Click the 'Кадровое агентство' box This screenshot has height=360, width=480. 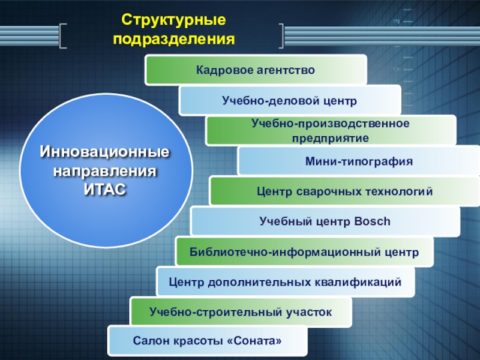(256, 70)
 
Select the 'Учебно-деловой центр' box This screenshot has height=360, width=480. (289, 100)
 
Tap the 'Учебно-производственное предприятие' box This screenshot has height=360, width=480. (331, 131)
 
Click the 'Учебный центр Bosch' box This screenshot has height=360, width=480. (325, 222)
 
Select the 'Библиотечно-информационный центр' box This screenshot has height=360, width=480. (304, 252)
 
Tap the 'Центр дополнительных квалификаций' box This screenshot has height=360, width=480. (285, 281)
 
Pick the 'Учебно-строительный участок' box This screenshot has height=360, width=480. (241, 312)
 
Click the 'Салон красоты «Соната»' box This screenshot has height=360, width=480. (207, 341)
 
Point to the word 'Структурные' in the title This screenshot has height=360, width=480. (173, 21)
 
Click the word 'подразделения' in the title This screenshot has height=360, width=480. (173, 39)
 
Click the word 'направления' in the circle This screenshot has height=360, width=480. (105, 172)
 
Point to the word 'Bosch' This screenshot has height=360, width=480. (372, 222)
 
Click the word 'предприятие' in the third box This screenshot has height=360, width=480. (331, 137)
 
